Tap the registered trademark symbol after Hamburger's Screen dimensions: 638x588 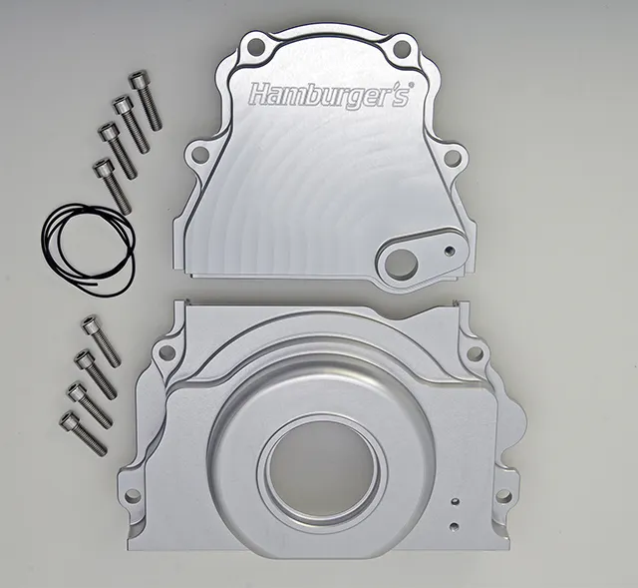[x=412, y=85]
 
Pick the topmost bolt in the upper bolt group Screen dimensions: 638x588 [x=146, y=101]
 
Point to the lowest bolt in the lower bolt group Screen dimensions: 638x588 [x=83, y=433]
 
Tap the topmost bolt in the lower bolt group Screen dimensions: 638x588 [x=101, y=341]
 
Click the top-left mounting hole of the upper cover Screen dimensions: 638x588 [x=255, y=44]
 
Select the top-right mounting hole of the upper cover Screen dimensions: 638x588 [x=401, y=46]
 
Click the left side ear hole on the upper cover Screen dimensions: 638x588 [x=199, y=154]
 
